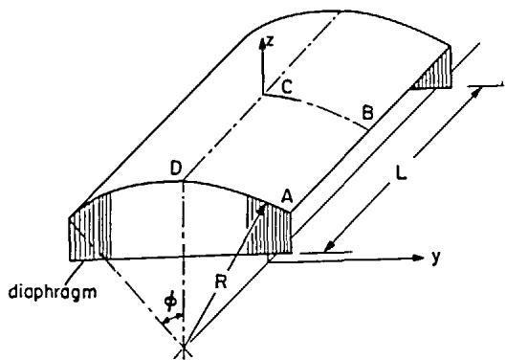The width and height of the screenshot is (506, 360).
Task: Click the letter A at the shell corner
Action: pyautogui.click(x=286, y=196)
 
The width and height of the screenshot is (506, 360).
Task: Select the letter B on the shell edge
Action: pyautogui.click(x=367, y=113)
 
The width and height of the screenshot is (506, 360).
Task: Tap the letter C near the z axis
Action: pyautogui.click(x=287, y=86)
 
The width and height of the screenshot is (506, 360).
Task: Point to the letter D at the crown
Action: pyautogui.click(x=176, y=169)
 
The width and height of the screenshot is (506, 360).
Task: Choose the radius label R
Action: pyautogui.click(x=221, y=281)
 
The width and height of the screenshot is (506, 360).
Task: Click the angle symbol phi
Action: pyautogui.click(x=170, y=301)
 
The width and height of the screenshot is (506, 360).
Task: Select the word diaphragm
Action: pyautogui.click(x=53, y=293)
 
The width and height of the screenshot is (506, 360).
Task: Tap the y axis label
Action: pyautogui.click(x=436, y=258)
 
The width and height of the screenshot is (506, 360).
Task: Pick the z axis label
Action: pyautogui.click(x=270, y=41)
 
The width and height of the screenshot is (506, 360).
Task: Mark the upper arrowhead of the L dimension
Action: pyautogui.click(x=477, y=92)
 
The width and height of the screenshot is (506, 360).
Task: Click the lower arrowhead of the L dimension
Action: pyautogui.click(x=329, y=247)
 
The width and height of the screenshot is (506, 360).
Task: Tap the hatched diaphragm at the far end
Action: pyautogui.click(x=435, y=71)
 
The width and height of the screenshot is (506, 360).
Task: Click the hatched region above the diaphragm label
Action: pyautogui.click(x=90, y=230)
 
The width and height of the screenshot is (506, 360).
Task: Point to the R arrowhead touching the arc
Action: pyautogui.click(x=261, y=210)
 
